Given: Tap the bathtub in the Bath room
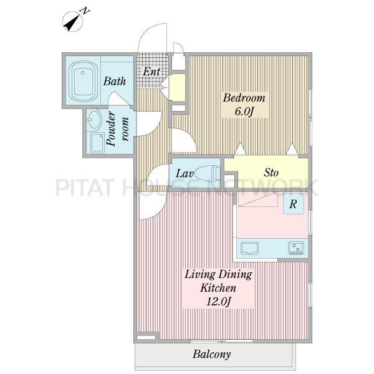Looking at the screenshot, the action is point(83,82).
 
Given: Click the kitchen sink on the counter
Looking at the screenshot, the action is point(249,248).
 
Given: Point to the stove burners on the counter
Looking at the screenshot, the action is point(296,248).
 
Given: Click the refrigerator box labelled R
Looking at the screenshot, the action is point(294,204).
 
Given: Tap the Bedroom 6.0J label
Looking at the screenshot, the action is point(244,105).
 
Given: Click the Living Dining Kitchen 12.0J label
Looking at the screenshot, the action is point(218,288).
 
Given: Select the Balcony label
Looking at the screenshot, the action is point(211,354).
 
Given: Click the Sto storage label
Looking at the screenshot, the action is point(271,173).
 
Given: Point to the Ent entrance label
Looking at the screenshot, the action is point(151,71).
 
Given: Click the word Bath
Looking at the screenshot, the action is point(115,81).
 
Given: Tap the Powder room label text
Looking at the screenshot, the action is point(118,129).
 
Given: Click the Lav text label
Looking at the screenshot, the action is point(185,173).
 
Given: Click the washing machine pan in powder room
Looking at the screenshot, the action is point(97,143).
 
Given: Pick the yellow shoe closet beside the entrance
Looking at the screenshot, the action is point(177,87).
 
